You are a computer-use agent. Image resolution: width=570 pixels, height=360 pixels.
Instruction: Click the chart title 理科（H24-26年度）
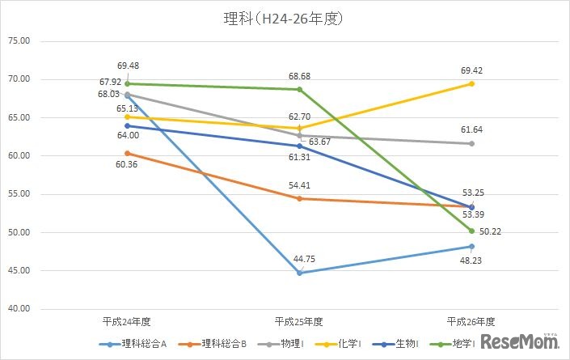click(284, 17)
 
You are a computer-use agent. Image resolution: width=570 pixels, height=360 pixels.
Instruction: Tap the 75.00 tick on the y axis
click(19, 40)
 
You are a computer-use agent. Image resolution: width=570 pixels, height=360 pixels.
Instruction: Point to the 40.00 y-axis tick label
click(19, 309)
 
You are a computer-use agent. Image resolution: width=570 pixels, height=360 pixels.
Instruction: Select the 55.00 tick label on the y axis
click(19, 194)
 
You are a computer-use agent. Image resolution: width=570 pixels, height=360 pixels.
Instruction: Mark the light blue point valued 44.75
click(299, 273)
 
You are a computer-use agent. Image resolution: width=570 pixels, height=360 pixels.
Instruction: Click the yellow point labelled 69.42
click(471, 83)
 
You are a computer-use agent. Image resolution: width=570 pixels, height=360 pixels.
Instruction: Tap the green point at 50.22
click(471, 231)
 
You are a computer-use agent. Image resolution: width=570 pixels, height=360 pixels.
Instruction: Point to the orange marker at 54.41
click(299, 198)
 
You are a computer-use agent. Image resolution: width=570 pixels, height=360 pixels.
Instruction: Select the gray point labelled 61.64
click(471, 143)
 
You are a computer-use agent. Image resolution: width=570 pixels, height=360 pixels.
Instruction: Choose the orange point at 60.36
click(127, 153)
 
